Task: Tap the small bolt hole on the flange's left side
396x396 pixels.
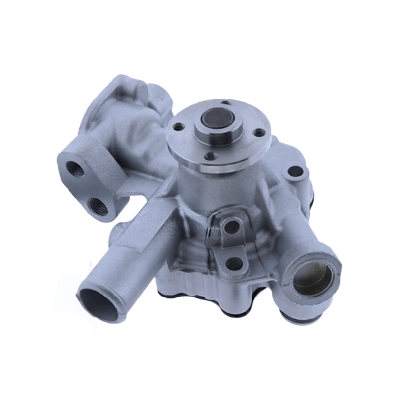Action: tap(177, 127)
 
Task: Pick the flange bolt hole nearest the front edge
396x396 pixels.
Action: tap(211, 156)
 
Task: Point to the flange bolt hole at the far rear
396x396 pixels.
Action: tap(226, 103)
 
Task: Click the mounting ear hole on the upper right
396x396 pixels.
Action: tap(295, 172)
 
